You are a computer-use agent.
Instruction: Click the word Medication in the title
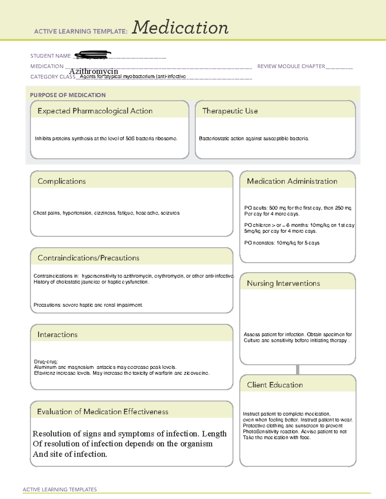[x=180, y=28]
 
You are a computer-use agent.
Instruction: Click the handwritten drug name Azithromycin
[x=94, y=71]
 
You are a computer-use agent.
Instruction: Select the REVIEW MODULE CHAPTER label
[x=291, y=66]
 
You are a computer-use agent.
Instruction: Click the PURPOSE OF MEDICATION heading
[x=68, y=95]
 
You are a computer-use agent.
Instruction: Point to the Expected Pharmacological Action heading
[x=95, y=111]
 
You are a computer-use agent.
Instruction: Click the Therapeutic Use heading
[x=230, y=111]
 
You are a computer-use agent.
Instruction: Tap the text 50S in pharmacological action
[x=130, y=138]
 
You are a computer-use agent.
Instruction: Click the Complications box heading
[x=61, y=181]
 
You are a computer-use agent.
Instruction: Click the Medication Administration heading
[x=292, y=181]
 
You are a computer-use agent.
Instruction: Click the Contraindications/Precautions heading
[x=88, y=258]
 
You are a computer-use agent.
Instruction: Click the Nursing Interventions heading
[x=283, y=283]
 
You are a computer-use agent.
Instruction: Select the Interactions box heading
[x=57, y=334]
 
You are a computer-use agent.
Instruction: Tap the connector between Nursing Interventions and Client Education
[x=298, y=370]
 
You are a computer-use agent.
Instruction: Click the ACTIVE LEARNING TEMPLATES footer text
[x=60, y=489]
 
